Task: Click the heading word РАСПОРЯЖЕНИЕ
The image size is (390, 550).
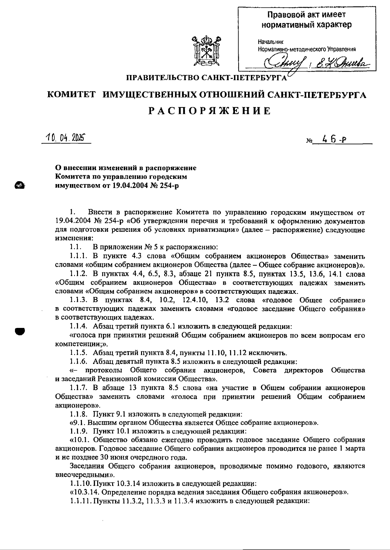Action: [x=210, y=111]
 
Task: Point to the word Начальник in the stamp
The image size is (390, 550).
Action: [x=270, y=42]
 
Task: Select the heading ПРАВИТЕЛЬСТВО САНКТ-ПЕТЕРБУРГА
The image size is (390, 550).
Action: [x=206, y=78]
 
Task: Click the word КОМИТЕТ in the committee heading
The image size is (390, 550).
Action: [x=71, y=95]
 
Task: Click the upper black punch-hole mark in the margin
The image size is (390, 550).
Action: [x=20, y=185]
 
